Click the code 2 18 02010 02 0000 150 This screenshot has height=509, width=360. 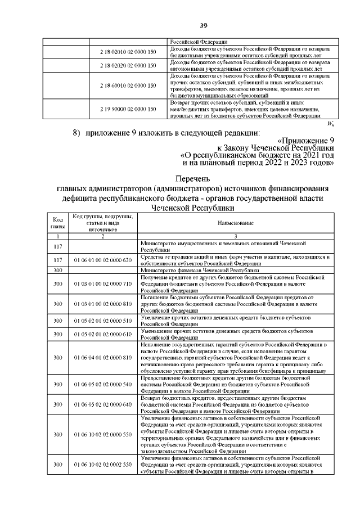click(x=128, y=52)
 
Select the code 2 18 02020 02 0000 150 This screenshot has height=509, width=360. click(x=128, y=66)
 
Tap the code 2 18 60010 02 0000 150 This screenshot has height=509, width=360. click(x=128, y=85)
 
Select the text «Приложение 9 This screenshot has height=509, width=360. click(x=306, y=140)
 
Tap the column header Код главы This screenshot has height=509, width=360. click(x=57, y=223)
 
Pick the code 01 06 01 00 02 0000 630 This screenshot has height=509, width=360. click(x=102, y=260)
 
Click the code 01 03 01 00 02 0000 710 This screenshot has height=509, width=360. click(x=102, y=284)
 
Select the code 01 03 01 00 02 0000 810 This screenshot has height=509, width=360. click(x=102, y=304)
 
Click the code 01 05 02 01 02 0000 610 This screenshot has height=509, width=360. click(x=102, y=334)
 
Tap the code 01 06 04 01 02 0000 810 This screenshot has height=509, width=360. click(x=102, y=357)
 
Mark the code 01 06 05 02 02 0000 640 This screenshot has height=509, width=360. click(x=102, y=404)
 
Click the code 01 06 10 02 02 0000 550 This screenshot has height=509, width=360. click(x=102, y=435)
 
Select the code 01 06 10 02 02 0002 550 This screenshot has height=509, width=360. click(x=102, y=465)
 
